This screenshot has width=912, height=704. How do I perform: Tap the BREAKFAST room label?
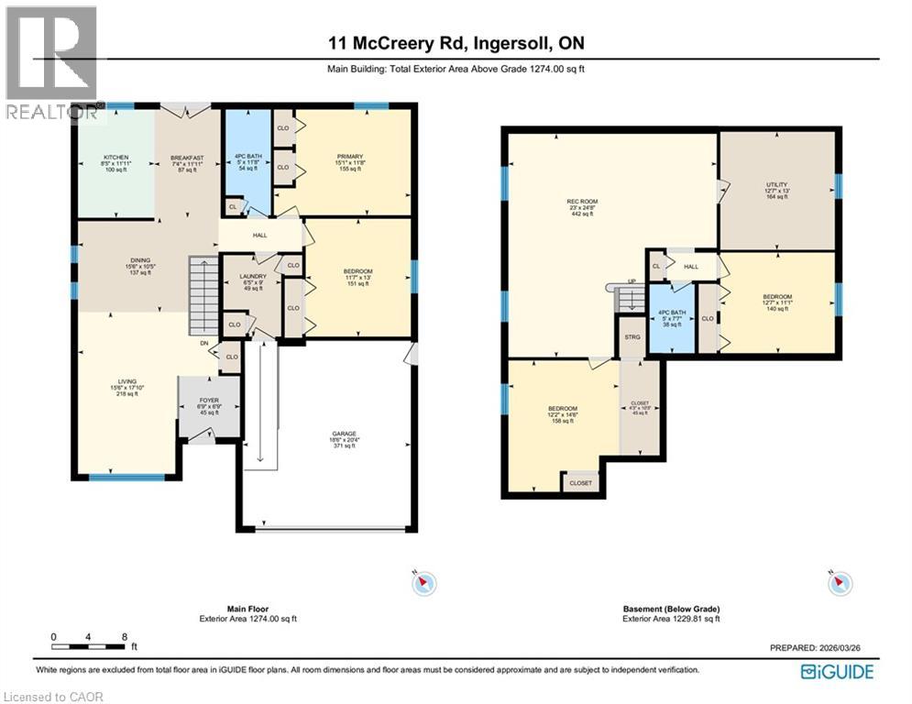point(187,158)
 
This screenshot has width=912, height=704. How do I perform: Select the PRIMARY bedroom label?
point(350,157)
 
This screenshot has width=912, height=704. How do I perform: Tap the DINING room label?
point(140,260)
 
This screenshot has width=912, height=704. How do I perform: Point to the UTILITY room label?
point(776,184)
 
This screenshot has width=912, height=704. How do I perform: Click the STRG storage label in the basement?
point(632,335)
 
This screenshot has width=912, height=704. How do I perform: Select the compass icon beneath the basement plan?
point(841,583)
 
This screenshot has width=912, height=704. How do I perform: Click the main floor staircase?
point(202,295)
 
